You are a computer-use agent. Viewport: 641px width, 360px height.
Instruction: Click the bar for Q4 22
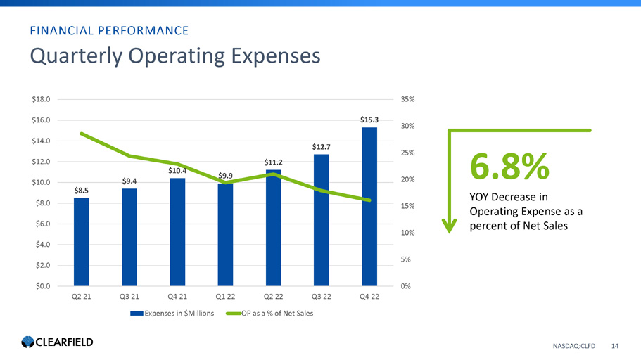pos(369,207)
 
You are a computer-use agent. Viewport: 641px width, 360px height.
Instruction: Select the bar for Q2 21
pos(82,242)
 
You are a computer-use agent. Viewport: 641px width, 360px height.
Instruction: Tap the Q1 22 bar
pos(225,235)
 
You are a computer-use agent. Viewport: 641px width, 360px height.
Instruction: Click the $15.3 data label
pos(369,120)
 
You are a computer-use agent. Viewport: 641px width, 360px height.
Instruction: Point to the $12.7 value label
pos(322,146)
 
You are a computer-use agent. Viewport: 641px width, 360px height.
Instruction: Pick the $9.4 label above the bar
pos(129,181)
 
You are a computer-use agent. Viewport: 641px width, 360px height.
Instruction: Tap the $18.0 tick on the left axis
pos(41,100)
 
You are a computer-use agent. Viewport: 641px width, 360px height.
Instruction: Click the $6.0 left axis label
pos(41,224)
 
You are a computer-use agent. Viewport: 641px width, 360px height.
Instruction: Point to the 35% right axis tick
pos(407,100)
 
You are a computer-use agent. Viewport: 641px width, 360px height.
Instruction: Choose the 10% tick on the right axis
pos(407,233)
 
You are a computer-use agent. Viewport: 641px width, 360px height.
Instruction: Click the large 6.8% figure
pos(509,167)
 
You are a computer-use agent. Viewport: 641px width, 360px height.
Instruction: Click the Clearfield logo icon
pos(27,342)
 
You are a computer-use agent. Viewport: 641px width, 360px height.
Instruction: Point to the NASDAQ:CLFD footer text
pos(574,345)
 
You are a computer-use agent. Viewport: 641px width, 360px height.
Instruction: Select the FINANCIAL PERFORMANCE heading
pos(108,30)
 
